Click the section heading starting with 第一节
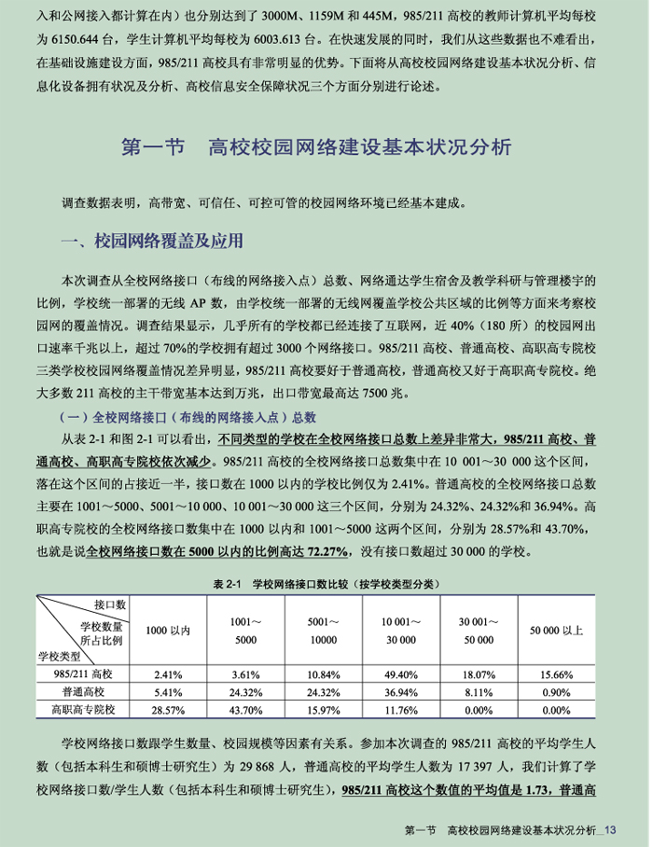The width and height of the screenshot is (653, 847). point(317,147)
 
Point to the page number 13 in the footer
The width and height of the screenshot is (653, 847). point(613,831)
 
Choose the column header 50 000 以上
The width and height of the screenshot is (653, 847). point(557,631)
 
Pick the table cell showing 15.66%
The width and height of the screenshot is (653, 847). point(557,673)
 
